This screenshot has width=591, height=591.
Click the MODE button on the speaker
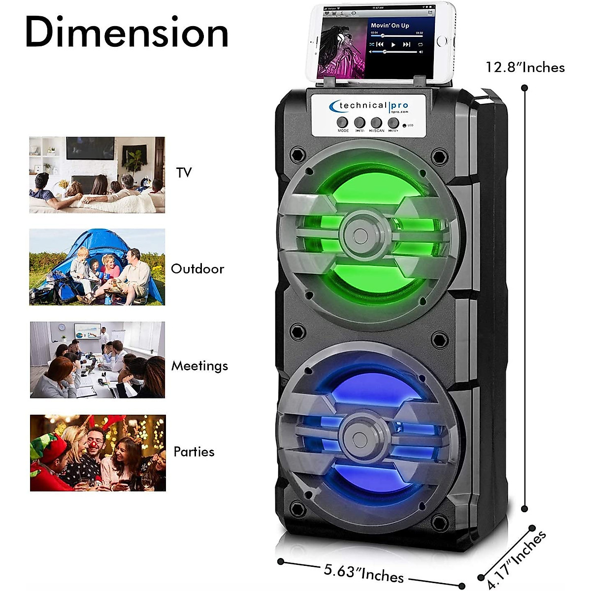(343, 122)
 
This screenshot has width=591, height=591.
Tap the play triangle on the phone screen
(393, 45)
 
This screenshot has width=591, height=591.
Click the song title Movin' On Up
(390, 25)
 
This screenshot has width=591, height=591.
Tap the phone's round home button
(442, 41)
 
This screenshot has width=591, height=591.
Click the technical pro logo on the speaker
(369, 106)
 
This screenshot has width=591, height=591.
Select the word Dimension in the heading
(127, 33)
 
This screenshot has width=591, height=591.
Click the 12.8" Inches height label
(525, 67)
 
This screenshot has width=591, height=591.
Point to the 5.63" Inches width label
(363, 573)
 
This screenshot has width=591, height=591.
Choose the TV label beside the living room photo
(184, 172)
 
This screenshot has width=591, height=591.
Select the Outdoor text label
(197, 269)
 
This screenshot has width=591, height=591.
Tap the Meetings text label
(199, 366)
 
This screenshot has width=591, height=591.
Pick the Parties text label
(194, 452)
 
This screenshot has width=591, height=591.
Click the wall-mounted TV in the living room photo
(90, 148)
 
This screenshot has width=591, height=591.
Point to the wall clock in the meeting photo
(62, 328)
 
